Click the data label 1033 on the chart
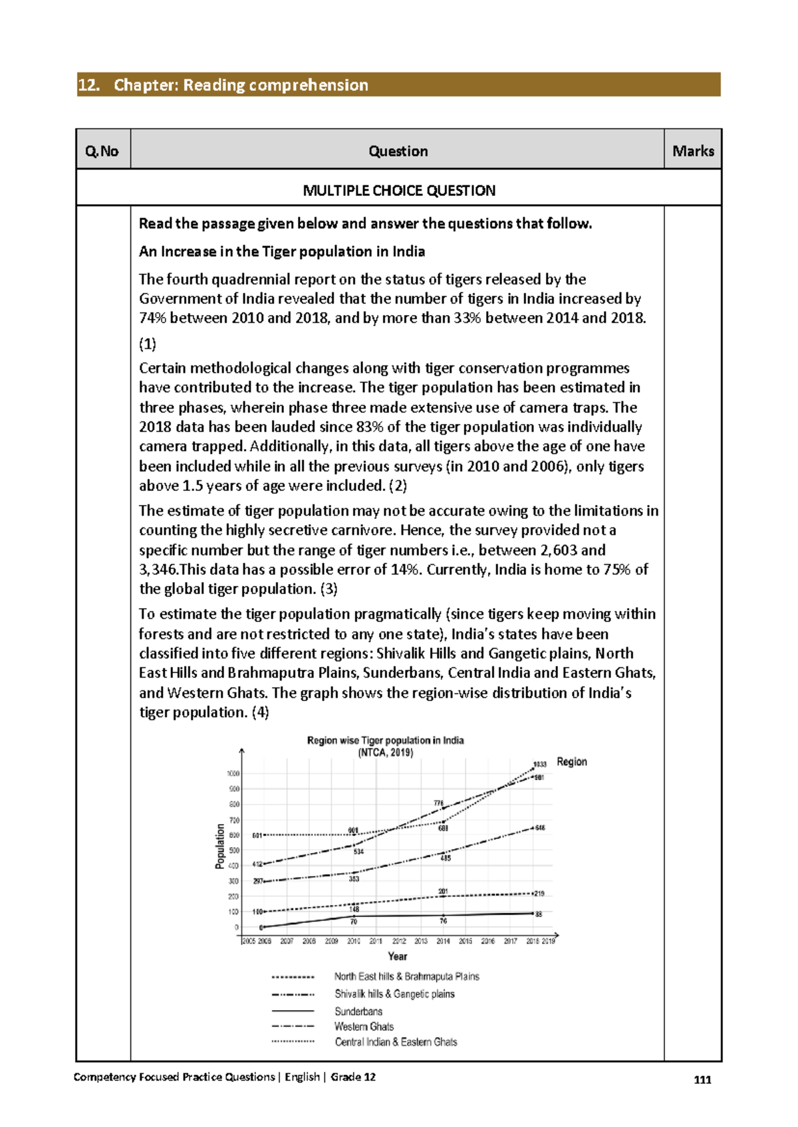click(539, 764)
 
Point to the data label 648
click(540, 828)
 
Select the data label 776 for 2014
click(439, 803)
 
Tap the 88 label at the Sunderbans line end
click(539, 914)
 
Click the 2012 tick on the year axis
click(398, 941)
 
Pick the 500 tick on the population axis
click(234, 851)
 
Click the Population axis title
click(220, 846)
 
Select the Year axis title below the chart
click(397, 956)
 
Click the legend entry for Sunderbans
click(358, 1011)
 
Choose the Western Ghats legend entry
click(364, 1027)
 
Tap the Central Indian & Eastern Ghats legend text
click(396, 1042)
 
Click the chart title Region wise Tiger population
click(385, 740)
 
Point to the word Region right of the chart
click(571, 762)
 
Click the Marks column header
click(692, 151)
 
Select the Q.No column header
click(102, 152)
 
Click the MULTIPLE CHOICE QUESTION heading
click(398, 191)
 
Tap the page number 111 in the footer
click(702, 1080)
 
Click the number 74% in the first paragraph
click(152, 318)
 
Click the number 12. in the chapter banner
click(89, 85)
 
